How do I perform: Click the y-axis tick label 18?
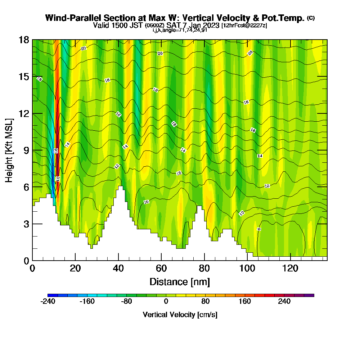coord(24,40)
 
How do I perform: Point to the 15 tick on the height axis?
coord(24,77)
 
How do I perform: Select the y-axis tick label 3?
coord(26,224)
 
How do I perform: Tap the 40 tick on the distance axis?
coord(118,269)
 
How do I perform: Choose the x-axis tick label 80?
coord(204,269)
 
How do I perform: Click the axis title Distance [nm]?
coord(180,282)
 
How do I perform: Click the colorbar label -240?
coord(48,301)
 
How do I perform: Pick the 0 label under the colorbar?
coord(166,301)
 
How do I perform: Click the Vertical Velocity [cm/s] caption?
coord(180,315)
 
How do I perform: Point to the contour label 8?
coord(259,229)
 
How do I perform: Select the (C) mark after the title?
coord(311,18)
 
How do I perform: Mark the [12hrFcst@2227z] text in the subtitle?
coord(244,26)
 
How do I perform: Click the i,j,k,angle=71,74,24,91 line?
coord(180,30)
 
